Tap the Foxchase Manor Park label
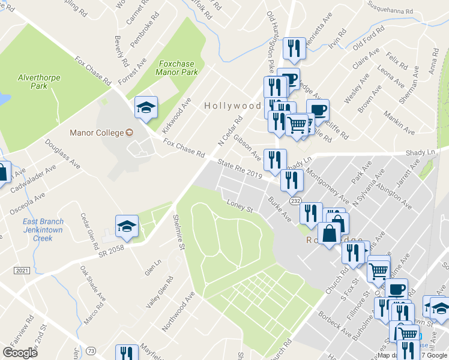point(178,67)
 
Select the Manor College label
point(96,132)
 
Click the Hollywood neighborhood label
point(232,106)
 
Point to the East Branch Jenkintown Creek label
point(43,230)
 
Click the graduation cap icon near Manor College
point(146,108)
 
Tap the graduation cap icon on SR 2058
point(127,226)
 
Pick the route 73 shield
point(91,350)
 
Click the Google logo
point(20,352)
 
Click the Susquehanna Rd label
point(392,11)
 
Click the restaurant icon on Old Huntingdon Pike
point(294,49)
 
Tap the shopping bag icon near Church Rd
point(330,234)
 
